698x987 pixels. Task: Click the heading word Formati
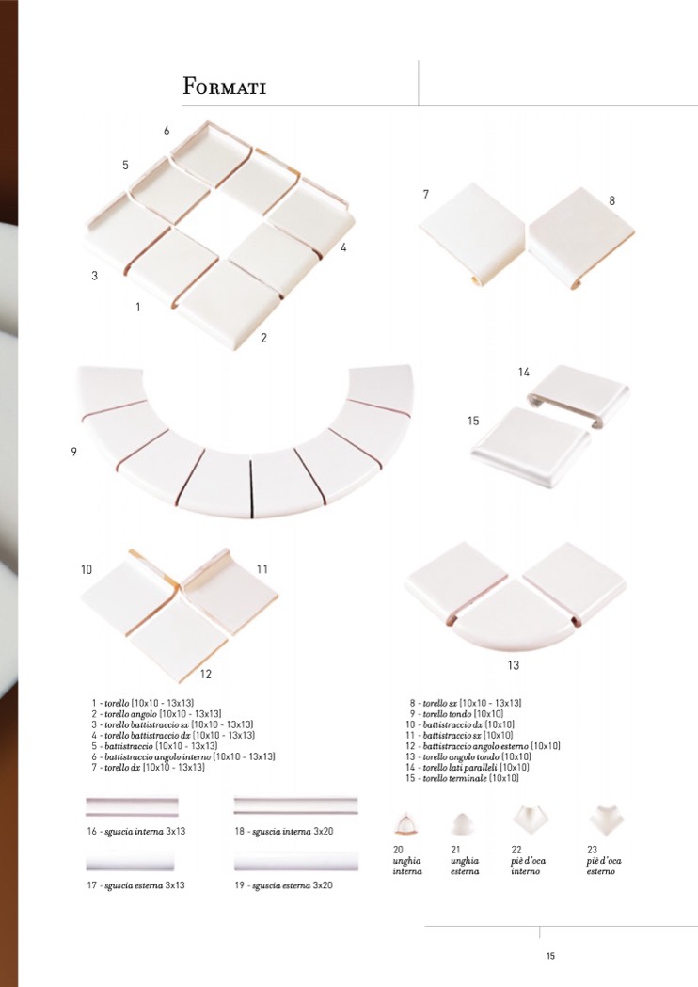click(x=224, y=87)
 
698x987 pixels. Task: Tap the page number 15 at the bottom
click(x=550, y=956)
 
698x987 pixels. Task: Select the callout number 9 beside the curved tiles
click(x=73, y=452)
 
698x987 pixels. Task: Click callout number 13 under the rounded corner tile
click(x=514, y=664)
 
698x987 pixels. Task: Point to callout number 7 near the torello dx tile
click(x=426, y=195)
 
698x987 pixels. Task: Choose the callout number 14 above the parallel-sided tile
click(x=524, y=372)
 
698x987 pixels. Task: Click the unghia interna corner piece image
click(x=405, y=824)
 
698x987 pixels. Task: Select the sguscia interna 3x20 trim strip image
click(x=295, y=805)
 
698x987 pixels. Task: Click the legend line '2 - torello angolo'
click(x=156, y=714)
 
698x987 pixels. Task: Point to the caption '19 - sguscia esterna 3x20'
click(x=284, y=885)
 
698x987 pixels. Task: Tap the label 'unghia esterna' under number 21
click(x=465, y=866)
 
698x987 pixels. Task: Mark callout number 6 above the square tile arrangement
click(x=167, y=130)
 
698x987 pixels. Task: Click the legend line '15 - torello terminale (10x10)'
click(x=462, y=779)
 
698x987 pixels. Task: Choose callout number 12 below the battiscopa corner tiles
click(x=206, y=675)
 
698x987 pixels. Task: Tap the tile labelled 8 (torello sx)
click(x=580, y=236)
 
